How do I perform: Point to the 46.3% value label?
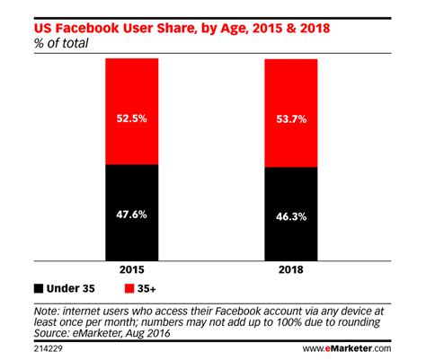pyautogui.click(x=291, y=216)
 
